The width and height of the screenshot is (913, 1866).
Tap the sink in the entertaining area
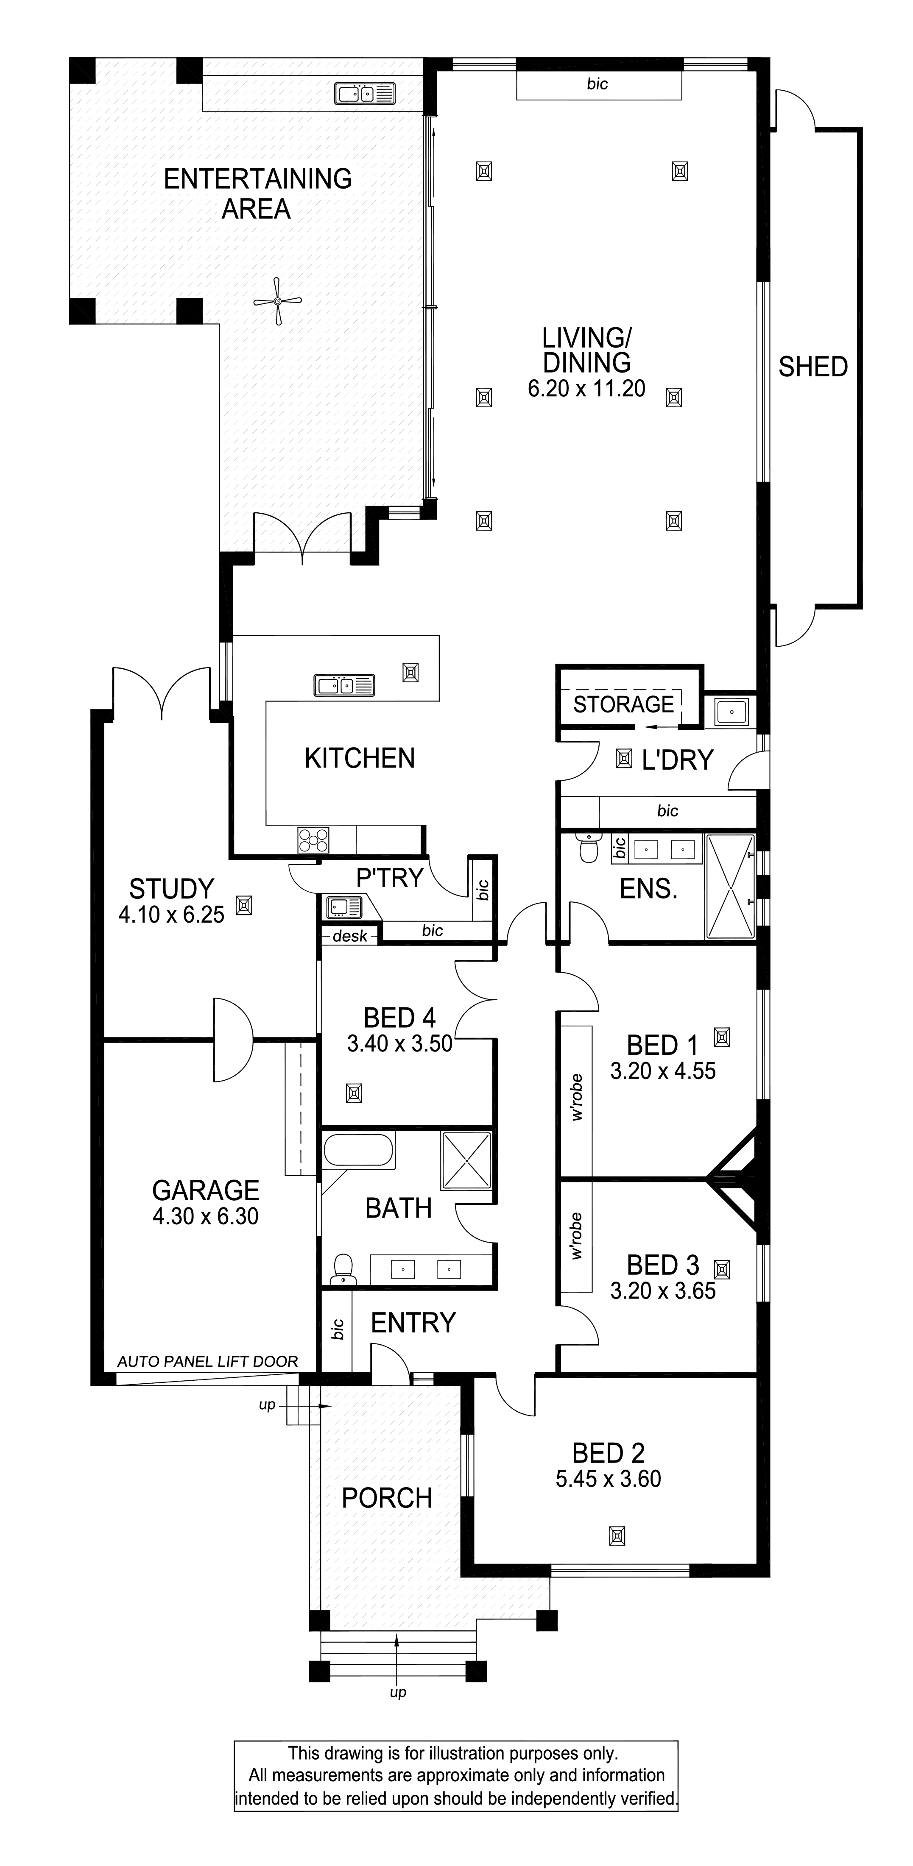tap(364, 93)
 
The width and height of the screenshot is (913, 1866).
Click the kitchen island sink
tap(344, 684)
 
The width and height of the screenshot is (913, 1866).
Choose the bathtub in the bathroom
tap(359, 1150)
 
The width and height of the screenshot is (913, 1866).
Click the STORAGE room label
tap(623, 704)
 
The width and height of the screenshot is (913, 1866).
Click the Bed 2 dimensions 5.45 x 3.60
tap(608, 1479)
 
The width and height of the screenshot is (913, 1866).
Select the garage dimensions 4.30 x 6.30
tap(205, 1216)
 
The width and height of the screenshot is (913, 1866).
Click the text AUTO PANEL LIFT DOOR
tap(207, 1362)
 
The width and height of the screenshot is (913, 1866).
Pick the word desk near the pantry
tap(350, 936)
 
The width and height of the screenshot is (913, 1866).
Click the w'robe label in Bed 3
tap(577, 1237)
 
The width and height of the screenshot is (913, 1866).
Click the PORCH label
tap(387, 1498)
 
